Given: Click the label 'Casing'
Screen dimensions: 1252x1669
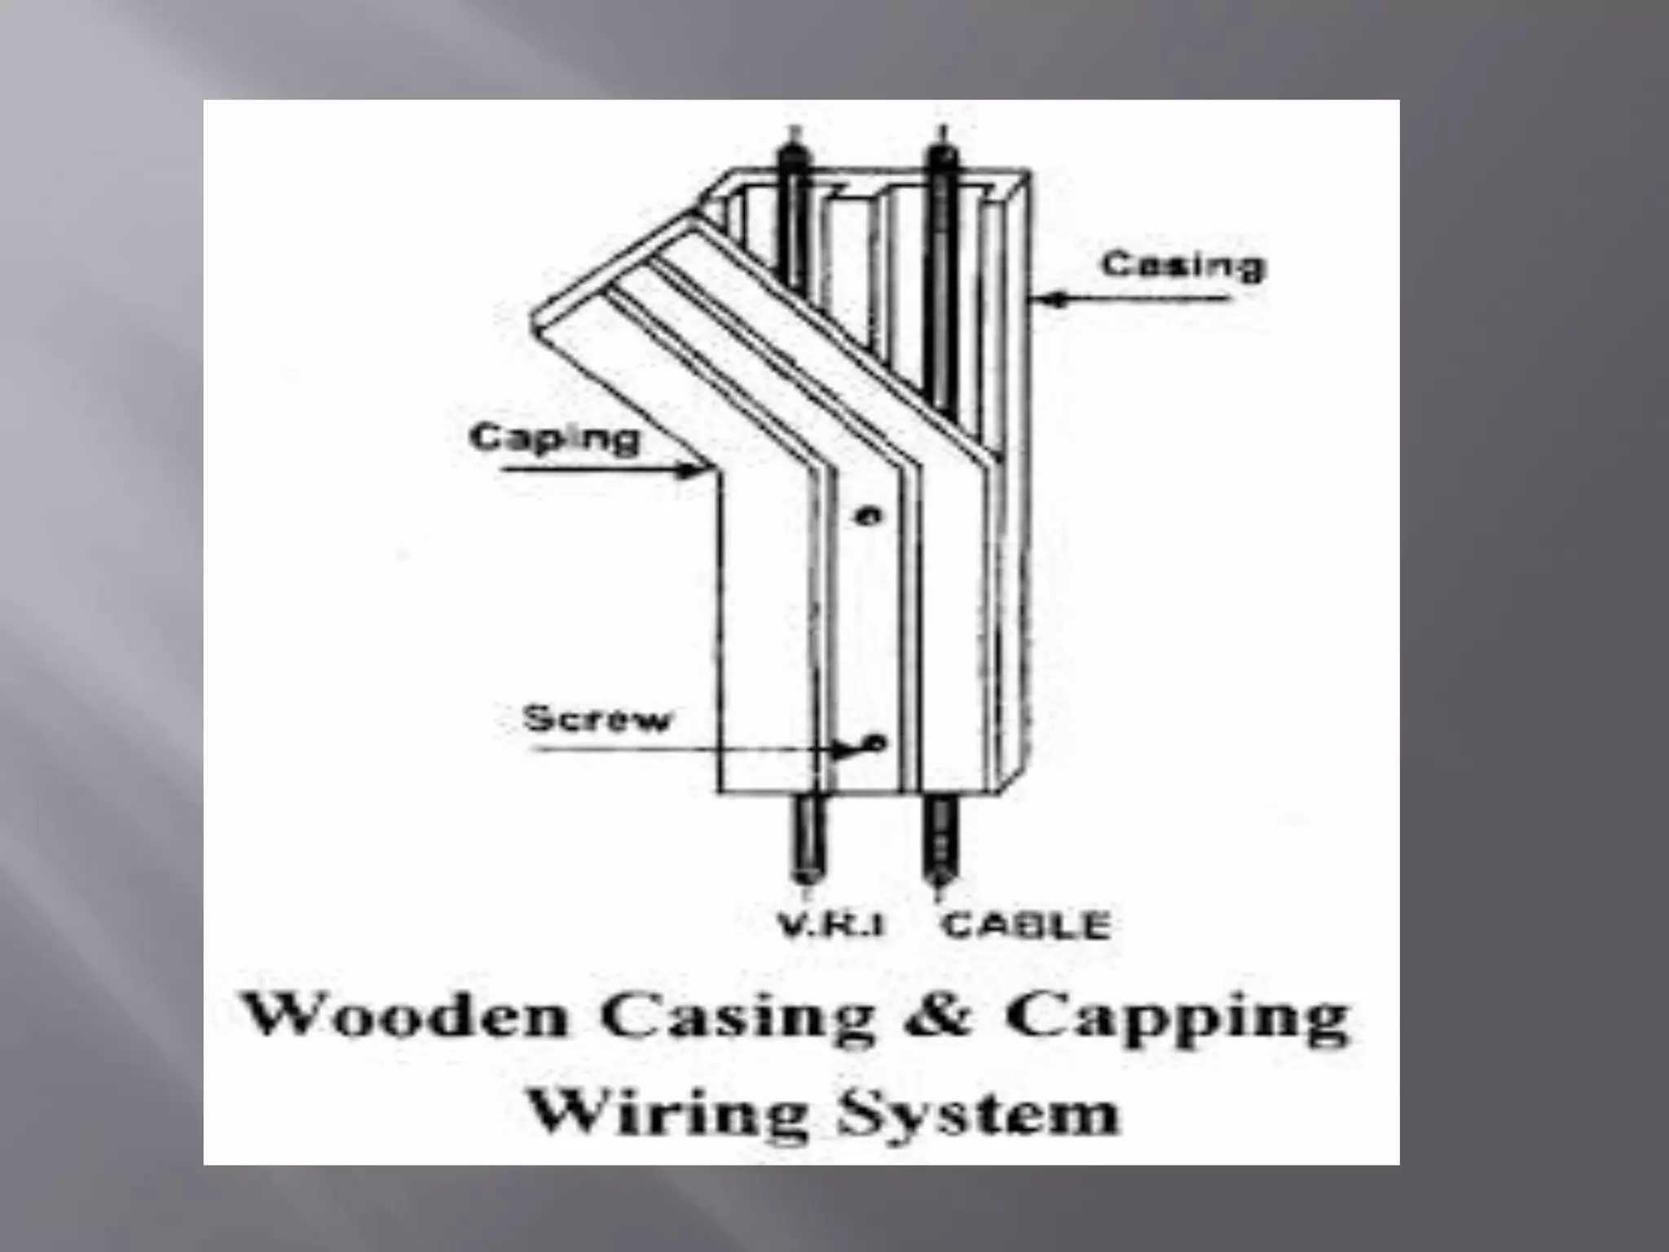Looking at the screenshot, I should [x=1183, y=266].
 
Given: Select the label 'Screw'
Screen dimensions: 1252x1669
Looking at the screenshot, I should [x=597, y=719].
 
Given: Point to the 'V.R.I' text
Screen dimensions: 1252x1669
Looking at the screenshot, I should [x=830, y=925].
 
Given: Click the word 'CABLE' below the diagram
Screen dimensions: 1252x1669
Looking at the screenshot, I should [x=1026, y=925].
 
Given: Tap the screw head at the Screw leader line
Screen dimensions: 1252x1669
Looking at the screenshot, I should [x=876, y=742].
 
